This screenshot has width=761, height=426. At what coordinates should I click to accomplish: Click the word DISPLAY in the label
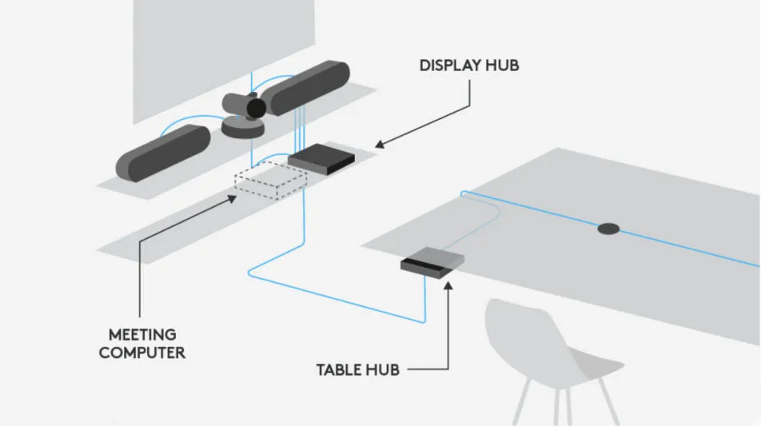450,66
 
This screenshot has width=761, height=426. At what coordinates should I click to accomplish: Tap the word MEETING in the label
142,334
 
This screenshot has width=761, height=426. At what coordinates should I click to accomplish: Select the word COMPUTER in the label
142,352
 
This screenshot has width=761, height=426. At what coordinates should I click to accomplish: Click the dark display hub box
321,160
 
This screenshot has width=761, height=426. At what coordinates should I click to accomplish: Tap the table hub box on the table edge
432,263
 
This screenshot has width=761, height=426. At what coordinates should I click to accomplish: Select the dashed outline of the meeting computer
268,184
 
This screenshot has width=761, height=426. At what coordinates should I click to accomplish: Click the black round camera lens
255,108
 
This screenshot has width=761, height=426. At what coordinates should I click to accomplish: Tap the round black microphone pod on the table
608,229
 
